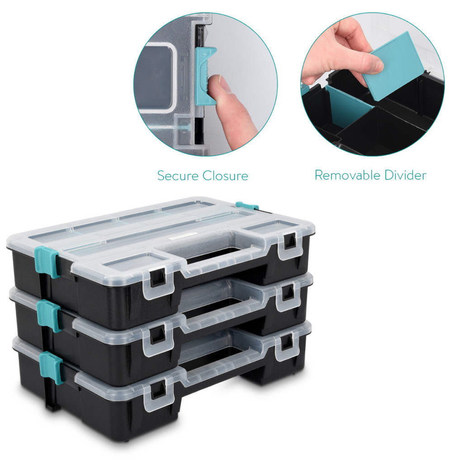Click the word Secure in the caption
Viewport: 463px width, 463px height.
click(178, 176)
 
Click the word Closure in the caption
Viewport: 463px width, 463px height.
click(225, 176)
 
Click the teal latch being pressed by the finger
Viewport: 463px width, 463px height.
click(205, 76)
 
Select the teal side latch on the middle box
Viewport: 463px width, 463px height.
click(49, 315)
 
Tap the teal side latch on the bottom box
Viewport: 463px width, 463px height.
click(51, 367)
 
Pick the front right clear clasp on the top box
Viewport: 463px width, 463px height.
click(288, 244)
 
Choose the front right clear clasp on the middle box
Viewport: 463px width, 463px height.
click(287, 295)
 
